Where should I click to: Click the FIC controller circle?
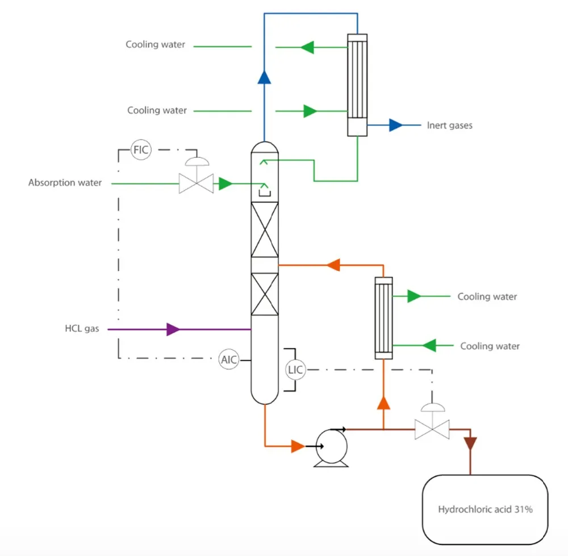point(140,151)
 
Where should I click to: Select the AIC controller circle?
point(229,359)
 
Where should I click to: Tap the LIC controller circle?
point(295,370)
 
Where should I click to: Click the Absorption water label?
point(65,183)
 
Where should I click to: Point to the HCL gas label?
point(82,329)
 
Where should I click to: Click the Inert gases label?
point(449,125)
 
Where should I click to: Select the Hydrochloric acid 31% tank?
point(485,509)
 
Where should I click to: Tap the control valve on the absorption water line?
point(196,183)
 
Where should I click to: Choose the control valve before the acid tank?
point(432,428)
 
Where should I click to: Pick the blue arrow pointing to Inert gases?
point(395,125)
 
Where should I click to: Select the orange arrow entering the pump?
point(297,446)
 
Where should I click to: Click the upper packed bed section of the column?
point(265,229)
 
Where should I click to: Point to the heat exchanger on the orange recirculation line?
point(384,318)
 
